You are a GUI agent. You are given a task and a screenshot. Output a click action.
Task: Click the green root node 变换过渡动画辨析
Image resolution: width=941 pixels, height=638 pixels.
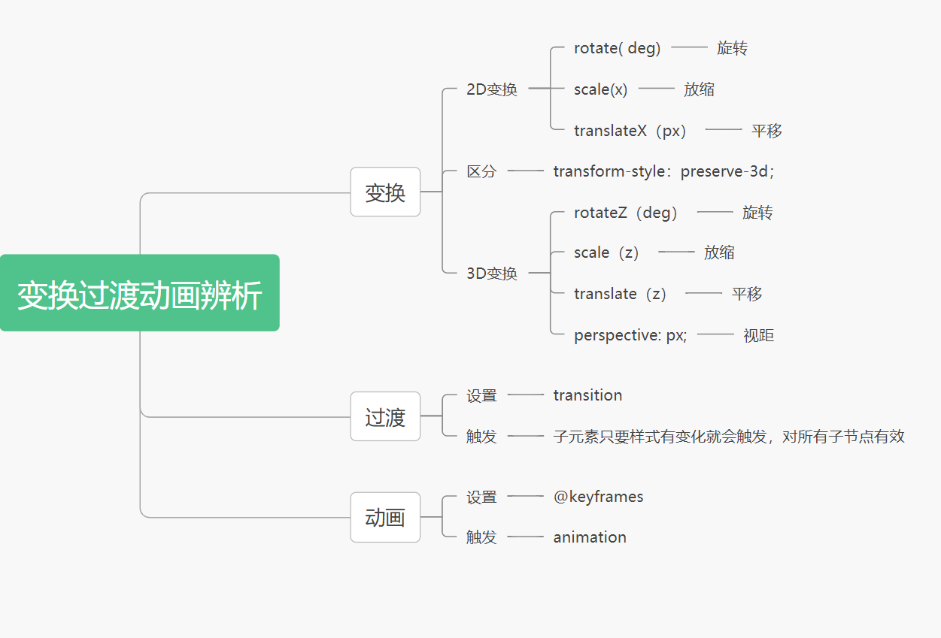click(140, 293)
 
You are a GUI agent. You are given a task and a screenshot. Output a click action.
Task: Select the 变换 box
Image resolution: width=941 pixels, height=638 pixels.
click(385, 192)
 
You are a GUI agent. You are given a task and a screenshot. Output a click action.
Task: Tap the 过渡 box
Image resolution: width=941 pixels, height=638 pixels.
click(385, 416)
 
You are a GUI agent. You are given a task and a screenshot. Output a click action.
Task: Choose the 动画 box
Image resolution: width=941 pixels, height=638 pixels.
click(385, 517)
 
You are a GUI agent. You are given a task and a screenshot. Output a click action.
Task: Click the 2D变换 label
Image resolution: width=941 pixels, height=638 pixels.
click(492, 89)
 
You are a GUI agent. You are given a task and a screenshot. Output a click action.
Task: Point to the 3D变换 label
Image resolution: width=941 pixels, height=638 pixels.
click(492, 274)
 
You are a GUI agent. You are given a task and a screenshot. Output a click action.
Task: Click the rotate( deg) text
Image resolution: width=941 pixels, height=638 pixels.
click(617, 48)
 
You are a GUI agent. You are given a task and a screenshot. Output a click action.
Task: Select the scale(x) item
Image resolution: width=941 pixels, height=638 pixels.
click(600, 89)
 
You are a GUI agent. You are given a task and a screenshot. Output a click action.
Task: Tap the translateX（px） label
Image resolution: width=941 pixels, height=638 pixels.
click(630, 131)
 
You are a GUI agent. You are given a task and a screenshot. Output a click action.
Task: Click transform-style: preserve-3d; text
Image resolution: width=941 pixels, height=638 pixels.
click(663, 171)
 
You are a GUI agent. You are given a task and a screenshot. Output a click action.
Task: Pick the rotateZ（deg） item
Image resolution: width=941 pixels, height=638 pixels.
click(626, 213)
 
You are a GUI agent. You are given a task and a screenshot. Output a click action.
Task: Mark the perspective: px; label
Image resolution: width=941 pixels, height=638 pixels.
click(630, 335)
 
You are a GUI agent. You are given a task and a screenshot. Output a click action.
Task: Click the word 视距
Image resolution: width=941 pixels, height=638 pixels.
click(758, 335)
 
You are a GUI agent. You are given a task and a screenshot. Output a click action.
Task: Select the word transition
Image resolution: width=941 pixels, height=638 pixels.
click(587, 395)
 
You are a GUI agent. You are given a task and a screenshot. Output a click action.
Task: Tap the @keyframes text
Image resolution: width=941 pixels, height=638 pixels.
click(598, 497)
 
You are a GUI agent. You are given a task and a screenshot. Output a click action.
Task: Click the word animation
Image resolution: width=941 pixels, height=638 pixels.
click(590, 537)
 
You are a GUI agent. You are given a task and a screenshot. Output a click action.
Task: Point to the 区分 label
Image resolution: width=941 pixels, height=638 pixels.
click(481, 171)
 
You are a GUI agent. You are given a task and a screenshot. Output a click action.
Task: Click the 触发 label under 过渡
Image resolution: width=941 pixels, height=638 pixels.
click(481, 436)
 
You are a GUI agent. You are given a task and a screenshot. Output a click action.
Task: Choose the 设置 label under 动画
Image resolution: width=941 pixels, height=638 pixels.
click(481, 497)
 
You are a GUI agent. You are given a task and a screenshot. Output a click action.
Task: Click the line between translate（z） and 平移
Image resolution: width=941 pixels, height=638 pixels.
click(703, 293)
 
